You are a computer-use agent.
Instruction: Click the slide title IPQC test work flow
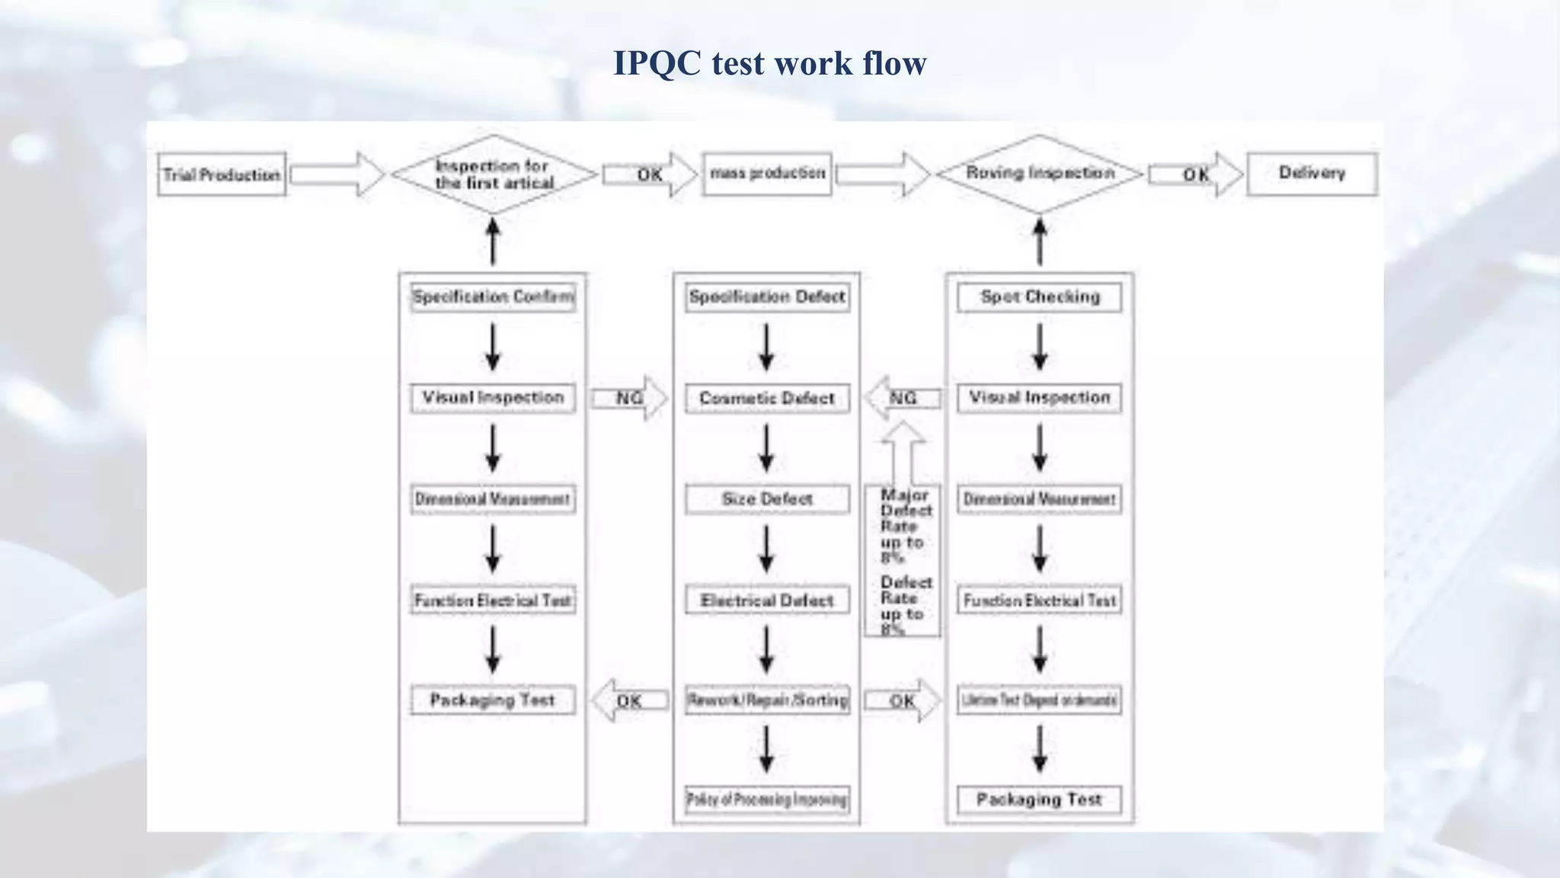pos(769,62)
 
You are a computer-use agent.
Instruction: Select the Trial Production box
pos(222,175)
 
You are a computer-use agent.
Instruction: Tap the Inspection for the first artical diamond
pos(494,175)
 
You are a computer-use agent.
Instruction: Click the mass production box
pos(767,174)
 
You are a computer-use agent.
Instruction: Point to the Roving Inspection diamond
pos(1040,174)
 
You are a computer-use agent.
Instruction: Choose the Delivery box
pos(1312,174)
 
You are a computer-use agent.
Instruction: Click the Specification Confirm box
pos(493,296)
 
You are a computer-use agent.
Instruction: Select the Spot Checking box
pos(1040,296)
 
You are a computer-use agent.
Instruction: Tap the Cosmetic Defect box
pos(767,398)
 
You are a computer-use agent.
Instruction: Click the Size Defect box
pos(767,499)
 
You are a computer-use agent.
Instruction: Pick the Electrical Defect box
pos(767,601)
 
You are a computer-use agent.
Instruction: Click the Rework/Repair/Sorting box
pos(767,700)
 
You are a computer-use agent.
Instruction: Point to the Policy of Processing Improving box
pos(767,799)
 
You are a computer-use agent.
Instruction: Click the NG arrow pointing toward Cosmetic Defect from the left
pos(629,398)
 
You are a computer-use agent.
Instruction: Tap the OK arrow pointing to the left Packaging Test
pos(629,700)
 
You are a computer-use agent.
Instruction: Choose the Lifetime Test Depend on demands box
pos(1040,700)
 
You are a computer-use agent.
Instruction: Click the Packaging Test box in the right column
pos(1040,799)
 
